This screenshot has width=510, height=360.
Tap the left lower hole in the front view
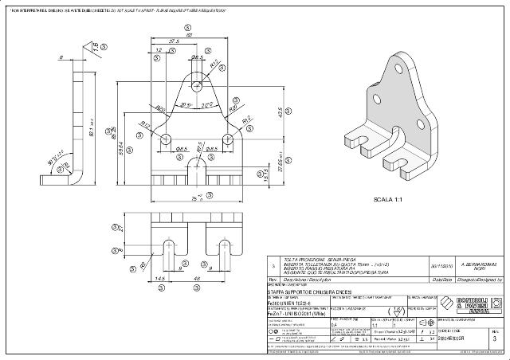click(x=167, y=138)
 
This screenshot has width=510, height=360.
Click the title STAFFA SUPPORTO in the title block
click(x=307, y=294)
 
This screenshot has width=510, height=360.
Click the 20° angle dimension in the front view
click(x=184, y=104)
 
